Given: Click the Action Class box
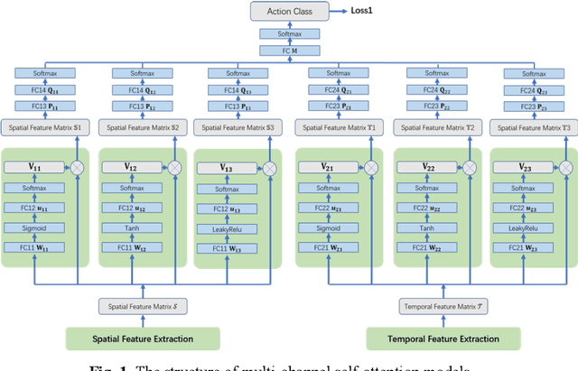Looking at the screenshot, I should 289,11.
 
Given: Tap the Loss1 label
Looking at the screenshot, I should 366,11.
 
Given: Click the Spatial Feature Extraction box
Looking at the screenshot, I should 143,339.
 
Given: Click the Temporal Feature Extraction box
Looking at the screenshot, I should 443,339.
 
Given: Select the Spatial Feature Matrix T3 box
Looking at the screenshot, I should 529,129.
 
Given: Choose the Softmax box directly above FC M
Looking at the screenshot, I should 289,33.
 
